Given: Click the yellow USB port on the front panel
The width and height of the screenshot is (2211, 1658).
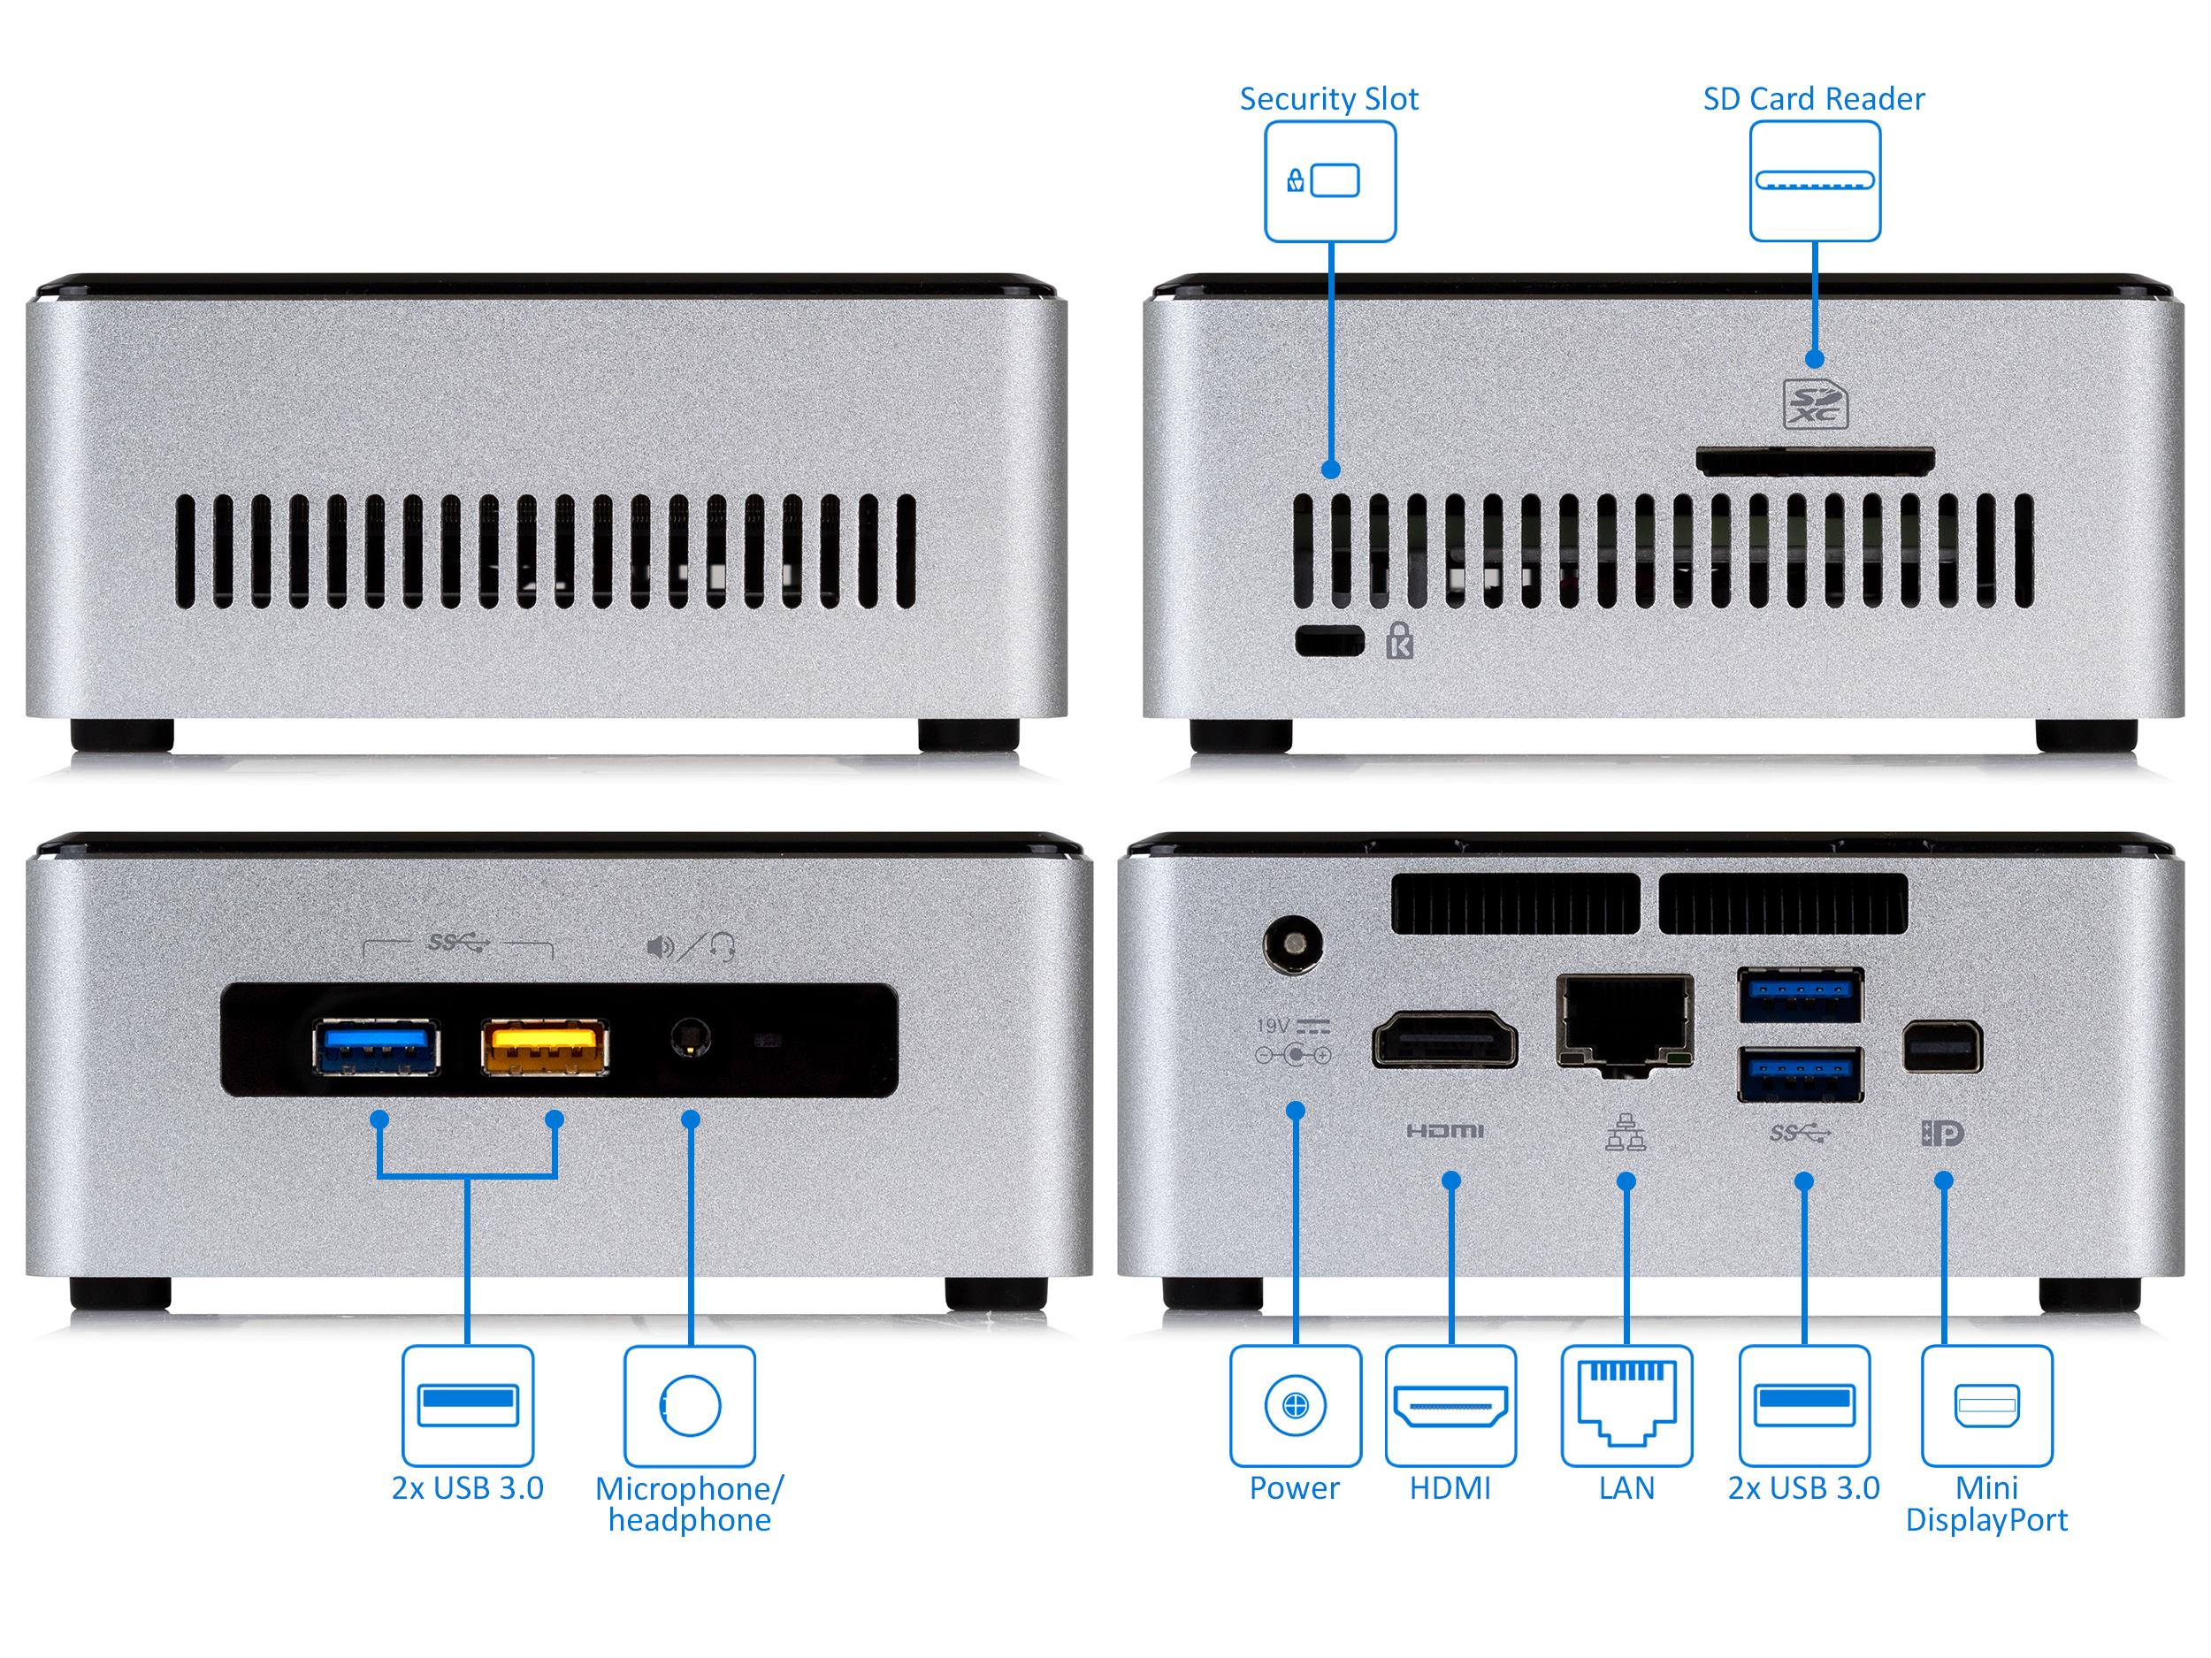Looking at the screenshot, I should pyautogui.click(x=545, y=1046).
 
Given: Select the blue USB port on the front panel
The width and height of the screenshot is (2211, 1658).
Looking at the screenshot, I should pyautogui.click(x=377, y=1046).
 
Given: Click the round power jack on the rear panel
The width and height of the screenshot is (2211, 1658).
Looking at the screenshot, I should pyautogui.click(x=1293, y=944).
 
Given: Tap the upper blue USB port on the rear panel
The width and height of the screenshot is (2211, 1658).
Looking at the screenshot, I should pyautogui.click(x=1800, y=996).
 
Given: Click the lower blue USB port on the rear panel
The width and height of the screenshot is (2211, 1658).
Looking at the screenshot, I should pyautogui.click(x=1800, y=1073).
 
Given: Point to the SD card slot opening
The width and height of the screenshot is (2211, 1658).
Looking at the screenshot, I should pyautogui.click(x=1814, y=462).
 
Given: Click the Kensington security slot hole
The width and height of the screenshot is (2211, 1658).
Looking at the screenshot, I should pyautogui.click(x=1329, y=640).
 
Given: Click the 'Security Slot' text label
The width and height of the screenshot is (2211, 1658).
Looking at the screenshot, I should pyautogui.click(x=1328, y=99).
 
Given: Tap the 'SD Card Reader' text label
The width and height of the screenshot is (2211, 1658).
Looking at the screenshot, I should pyautogui.click(x=1813, y=99).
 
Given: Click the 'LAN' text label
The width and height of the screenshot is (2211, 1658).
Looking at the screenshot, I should pyautogui.click(x=1626, y=1489).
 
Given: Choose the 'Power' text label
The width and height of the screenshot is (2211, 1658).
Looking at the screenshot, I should pyautogui.click(x=1295, y=1489).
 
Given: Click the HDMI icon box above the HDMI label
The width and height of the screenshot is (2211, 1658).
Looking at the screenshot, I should pyautogui.click(x=1450, y=1405).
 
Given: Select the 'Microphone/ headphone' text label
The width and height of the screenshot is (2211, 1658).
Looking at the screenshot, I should pyautogui.click(x=690, y=1505).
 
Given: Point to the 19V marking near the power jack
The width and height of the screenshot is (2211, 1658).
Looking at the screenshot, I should pyautogui.click(x=1274, y=1026).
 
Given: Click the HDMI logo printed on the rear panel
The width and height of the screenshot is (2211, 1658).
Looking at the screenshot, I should pyautogui.click(x=1445, y=1131).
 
